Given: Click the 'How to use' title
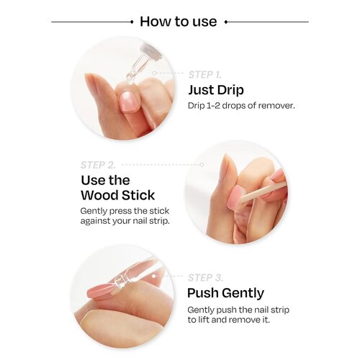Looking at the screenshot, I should (178, 21).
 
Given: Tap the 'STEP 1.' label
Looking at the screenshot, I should (204, 74).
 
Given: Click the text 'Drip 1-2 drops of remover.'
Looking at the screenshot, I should (240, 105).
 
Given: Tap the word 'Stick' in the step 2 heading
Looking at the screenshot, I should (138, 195).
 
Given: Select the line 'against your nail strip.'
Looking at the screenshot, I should (124, 221).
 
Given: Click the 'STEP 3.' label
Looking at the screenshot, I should (204, 277).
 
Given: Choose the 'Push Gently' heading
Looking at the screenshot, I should (225, 293).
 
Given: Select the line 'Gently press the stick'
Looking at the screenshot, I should (123, 211).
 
